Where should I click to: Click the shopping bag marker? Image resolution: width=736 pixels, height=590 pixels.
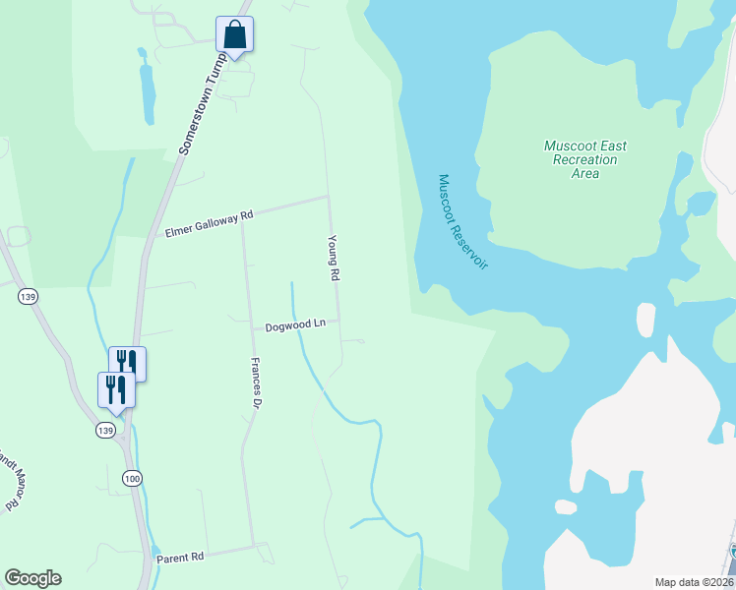pos(234,35)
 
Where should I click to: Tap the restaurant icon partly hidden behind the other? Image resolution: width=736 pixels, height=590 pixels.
pos(128,362)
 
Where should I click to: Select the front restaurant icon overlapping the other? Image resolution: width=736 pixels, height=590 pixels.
pos(115,389)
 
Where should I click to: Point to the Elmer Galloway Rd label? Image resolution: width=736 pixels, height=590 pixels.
pos(210,222)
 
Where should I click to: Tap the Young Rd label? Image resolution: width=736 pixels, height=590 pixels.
pos(335,259)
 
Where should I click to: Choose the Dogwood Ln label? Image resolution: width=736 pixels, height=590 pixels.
pos(295,325)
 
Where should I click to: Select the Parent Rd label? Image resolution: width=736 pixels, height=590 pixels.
pos(180,557)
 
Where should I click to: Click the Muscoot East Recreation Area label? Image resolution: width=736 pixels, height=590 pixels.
pos(584,159)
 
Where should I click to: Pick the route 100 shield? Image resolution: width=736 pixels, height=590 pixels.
pos(132,477)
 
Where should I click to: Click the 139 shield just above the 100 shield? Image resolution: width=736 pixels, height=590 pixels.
pos(106,430)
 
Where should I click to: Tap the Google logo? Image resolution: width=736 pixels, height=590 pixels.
pos(32,578)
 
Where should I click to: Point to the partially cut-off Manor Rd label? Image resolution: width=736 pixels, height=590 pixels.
pos(9,482)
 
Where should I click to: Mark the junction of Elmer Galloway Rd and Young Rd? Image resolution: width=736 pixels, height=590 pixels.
pos(328,197)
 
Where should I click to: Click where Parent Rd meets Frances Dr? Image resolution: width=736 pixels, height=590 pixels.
pos(256,545)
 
